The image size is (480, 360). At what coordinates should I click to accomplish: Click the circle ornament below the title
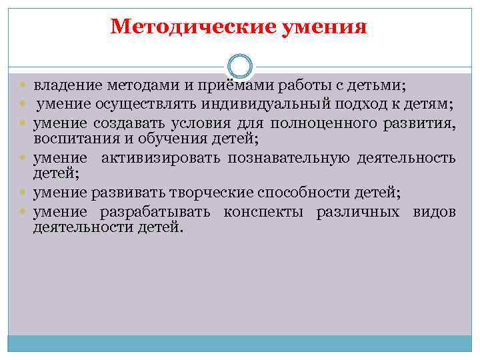point(240,67)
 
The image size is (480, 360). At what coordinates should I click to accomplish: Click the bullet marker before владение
point(25,86)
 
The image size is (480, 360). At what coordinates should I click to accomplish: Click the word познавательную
point(287,158)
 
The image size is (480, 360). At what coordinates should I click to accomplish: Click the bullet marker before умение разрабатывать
point(25,213)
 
